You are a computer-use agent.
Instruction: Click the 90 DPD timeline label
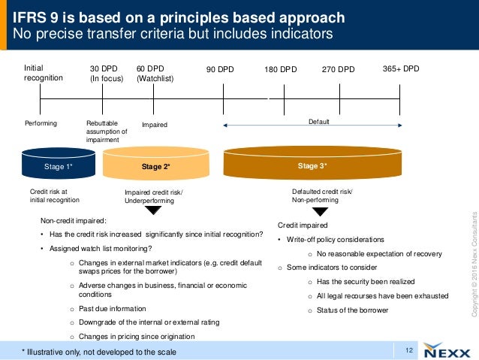[x=219, y=70]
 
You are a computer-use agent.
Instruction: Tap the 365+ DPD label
[x=400, y=68]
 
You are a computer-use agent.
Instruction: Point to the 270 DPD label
[x=338, y=70]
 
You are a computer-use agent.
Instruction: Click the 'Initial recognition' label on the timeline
[x=44, y=73]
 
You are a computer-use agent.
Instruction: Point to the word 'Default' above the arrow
[x=318, y=121]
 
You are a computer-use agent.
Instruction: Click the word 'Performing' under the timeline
[x=41, y=123]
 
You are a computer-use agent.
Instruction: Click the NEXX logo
[x=445, y=350]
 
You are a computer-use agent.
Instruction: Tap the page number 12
[x=409, y=349]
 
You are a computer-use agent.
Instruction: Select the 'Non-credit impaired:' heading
[x=74, y=221]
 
